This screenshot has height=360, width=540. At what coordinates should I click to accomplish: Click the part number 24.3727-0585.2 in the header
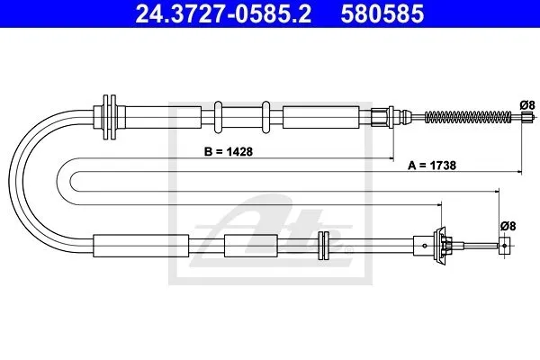(223, 13)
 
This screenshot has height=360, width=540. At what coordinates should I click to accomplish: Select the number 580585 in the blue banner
(382, 13)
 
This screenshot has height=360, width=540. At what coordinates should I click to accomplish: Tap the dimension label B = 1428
(229, 151)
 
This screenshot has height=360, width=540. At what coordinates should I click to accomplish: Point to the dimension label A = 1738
(432, 166)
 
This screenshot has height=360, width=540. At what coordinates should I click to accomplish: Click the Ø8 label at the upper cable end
(527, 104)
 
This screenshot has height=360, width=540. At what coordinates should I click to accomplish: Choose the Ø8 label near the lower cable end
(508, 226)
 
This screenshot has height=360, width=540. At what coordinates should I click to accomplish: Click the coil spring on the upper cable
(468, 118)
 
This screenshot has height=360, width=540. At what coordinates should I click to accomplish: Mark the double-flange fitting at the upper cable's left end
(110, 117)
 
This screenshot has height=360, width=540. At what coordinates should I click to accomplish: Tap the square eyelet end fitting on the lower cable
(504, 246)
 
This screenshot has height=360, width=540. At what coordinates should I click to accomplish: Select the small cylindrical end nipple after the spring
(525, 118)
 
